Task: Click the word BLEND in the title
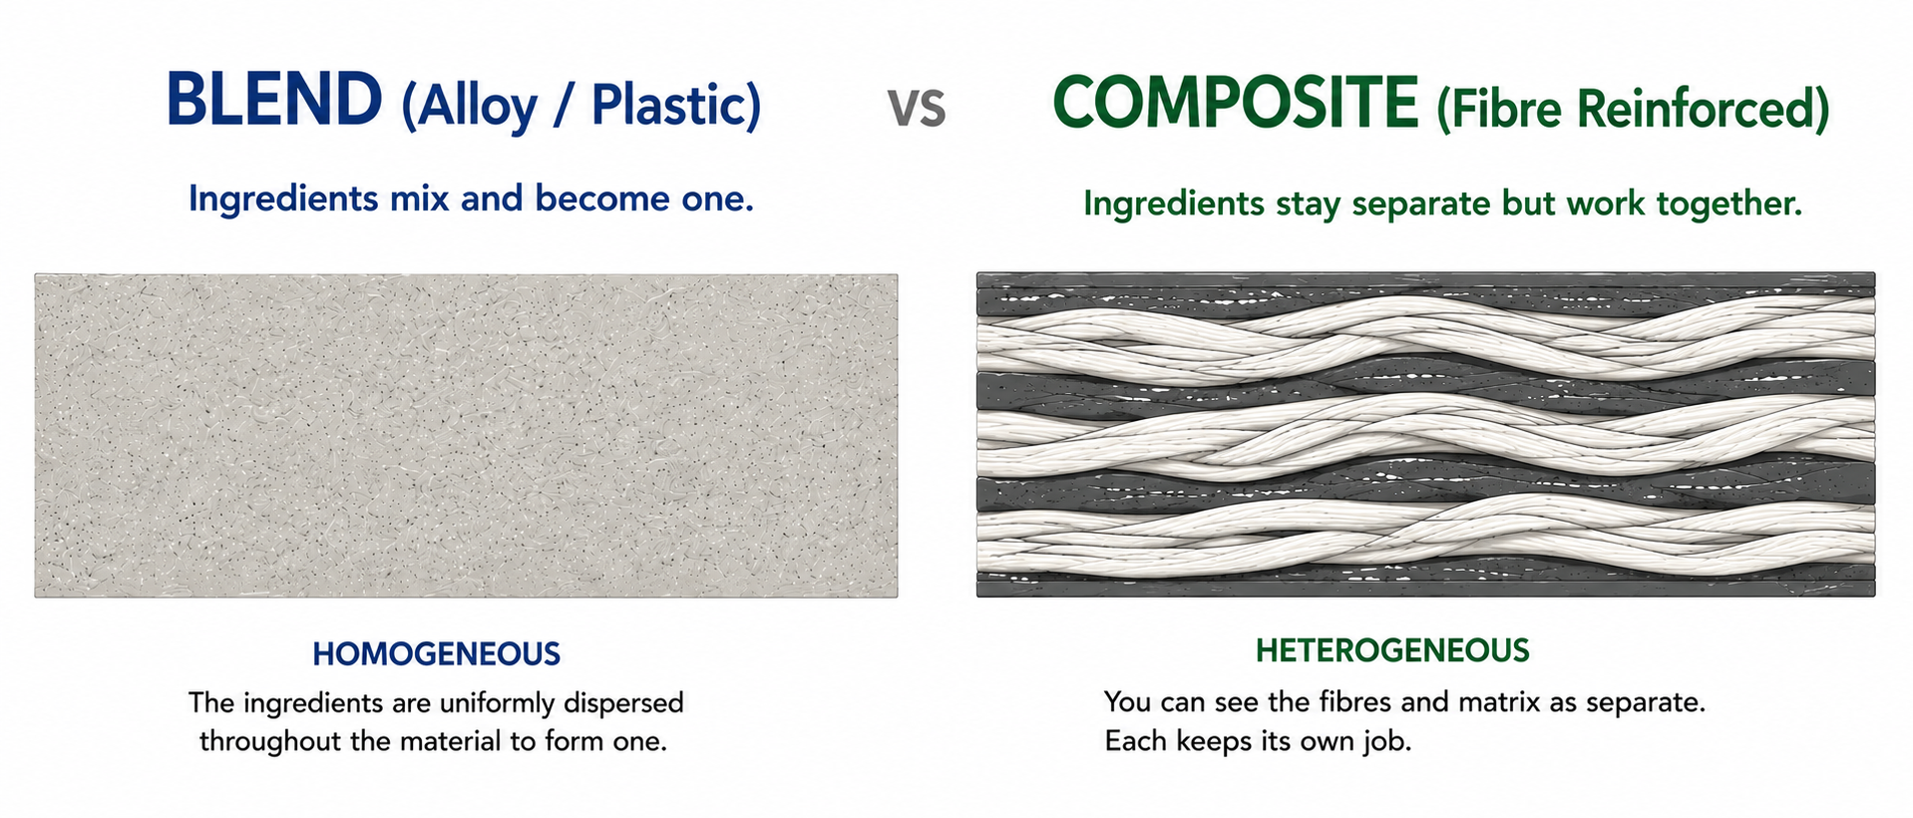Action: click(x=274, y=99)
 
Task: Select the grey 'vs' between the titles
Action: click(x=917, y=108)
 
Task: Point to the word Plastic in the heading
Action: click(x=668, y=104)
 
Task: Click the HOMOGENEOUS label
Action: click(x=437, y=654)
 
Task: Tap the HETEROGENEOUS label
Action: click(x=1392, y=651)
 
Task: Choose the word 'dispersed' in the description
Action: click(x=624, y=704)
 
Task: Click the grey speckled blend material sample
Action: click(x=466, y=436)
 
